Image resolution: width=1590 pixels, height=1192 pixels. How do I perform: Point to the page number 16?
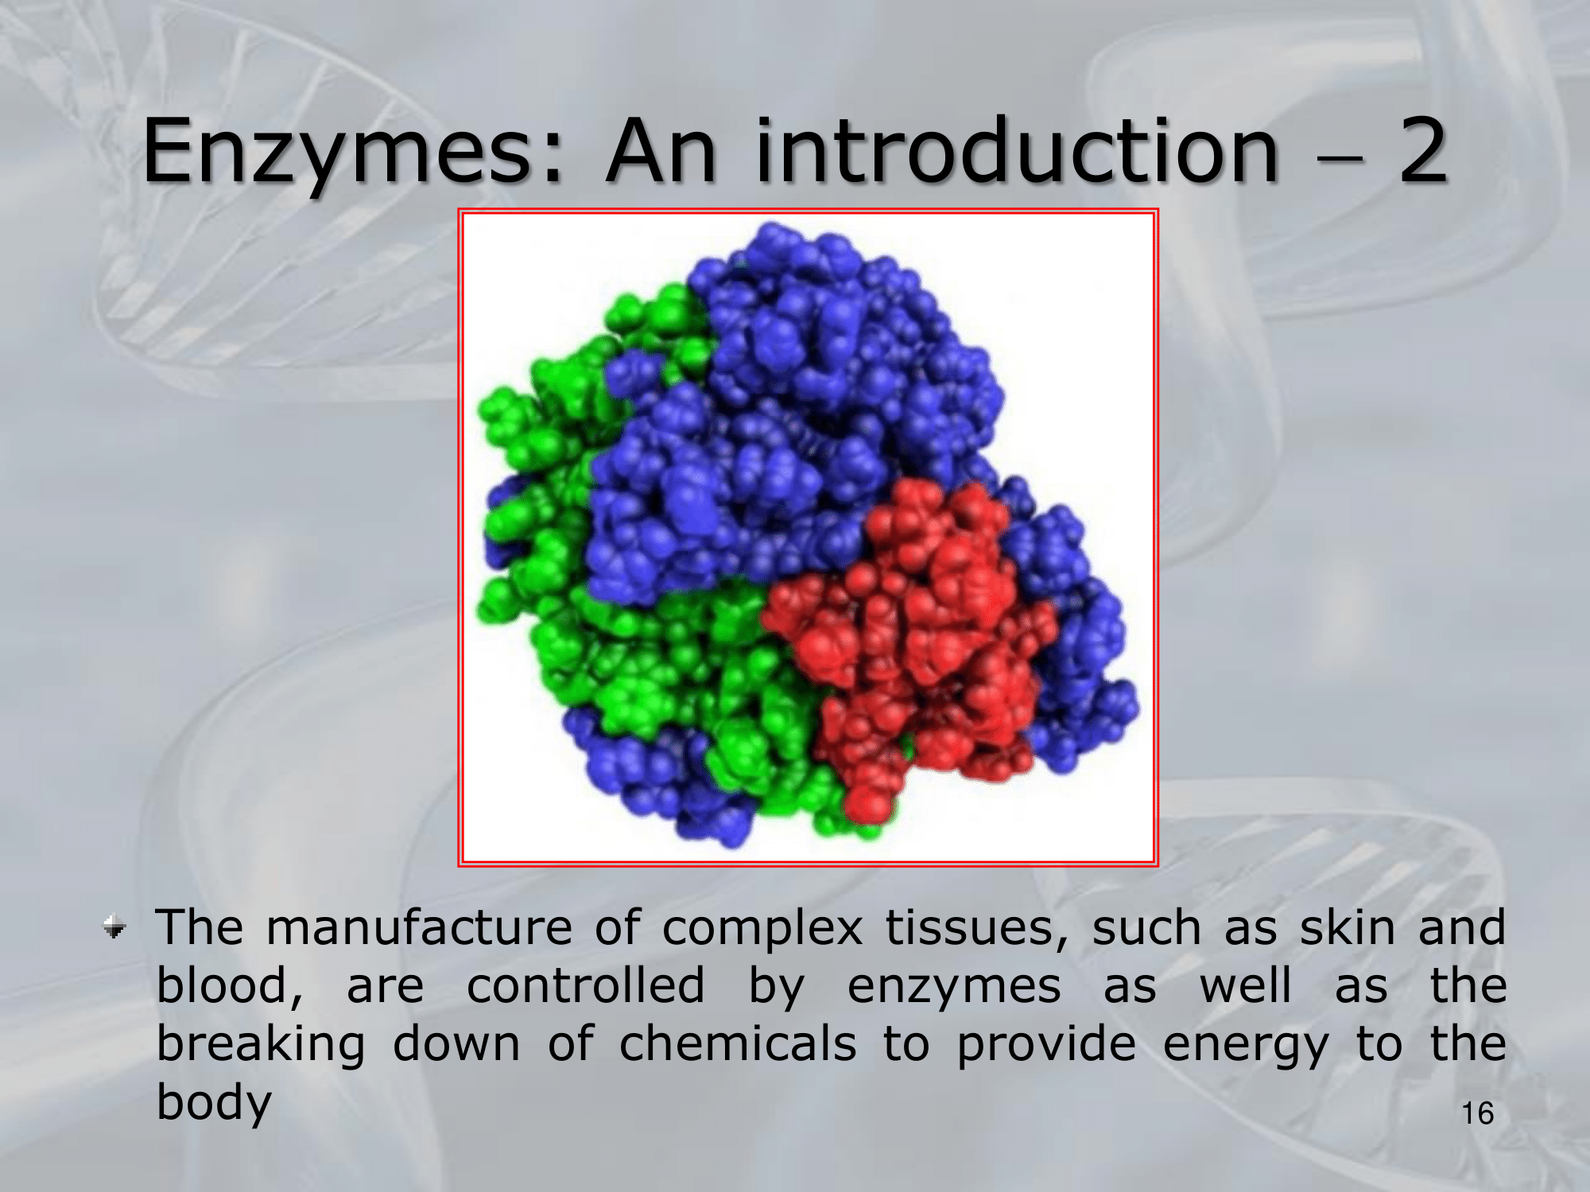pyautogui.click(x=1478, y=1113)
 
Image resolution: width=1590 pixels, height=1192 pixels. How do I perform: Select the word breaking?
pyautogui.click(x=261, y=1047)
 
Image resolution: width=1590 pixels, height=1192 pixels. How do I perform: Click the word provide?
pyautogui.click(x=1046, y=1047)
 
